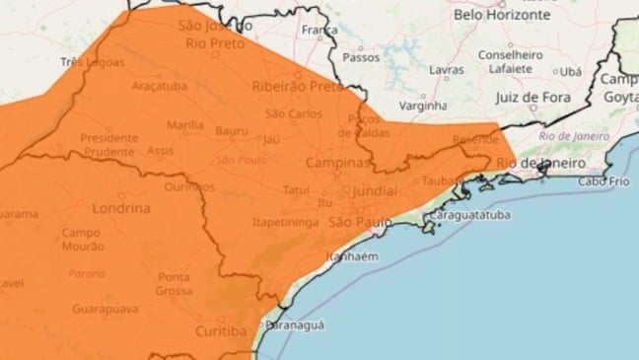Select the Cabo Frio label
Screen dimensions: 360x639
[x=604, y=181]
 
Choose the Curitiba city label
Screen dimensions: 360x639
[x=220, y=331]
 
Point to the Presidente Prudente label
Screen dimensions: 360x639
[x=108, y=144]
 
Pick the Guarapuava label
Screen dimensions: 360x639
[x=104, y=310]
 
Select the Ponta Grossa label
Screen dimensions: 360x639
[x=174, y=283]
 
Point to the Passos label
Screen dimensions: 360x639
[x=367, y=58]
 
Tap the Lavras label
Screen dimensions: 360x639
[x=447, y=71]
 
